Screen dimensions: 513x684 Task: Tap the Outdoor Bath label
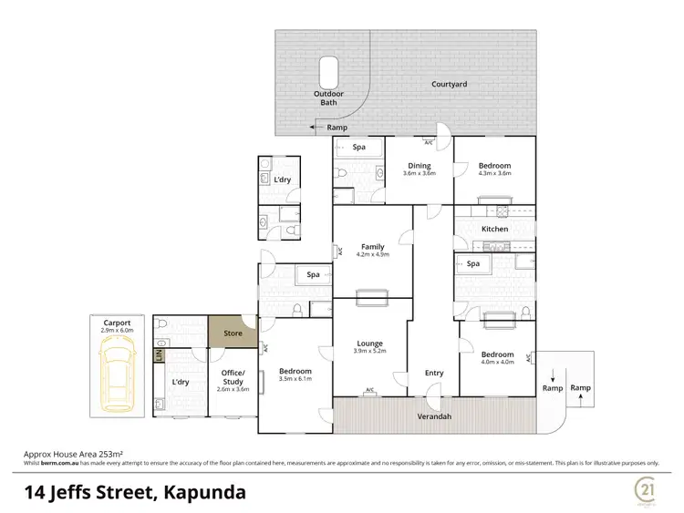(x=326, y=97)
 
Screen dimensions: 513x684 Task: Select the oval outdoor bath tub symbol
(x=327, y=71)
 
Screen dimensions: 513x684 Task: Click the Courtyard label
(x=449, y=84)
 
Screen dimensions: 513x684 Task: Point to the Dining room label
(x=420, y=166)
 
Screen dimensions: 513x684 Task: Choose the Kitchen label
(x=494, y=229)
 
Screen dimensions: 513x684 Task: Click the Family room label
(x=372, y=247)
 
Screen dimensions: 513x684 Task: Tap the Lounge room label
(x=369, y=343)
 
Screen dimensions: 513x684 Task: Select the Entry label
(x=433, y=372)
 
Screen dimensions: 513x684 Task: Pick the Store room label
(x=233, y=333)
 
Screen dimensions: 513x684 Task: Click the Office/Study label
(x=233, y=376)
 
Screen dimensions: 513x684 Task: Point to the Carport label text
(x=117, y=323)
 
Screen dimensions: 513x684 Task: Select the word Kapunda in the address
(x=202, y=493)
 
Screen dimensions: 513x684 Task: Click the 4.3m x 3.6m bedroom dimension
(x=494, y=173)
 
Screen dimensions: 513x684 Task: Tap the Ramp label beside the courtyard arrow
(x=337, y=128)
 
